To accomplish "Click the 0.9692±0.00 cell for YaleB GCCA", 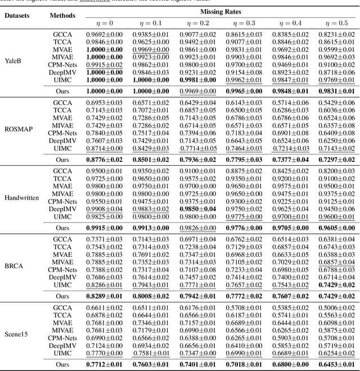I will [x=106, y=34].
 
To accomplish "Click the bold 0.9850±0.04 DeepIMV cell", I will [x=197, y=209].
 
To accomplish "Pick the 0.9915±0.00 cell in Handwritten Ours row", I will [x=106, y=228].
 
